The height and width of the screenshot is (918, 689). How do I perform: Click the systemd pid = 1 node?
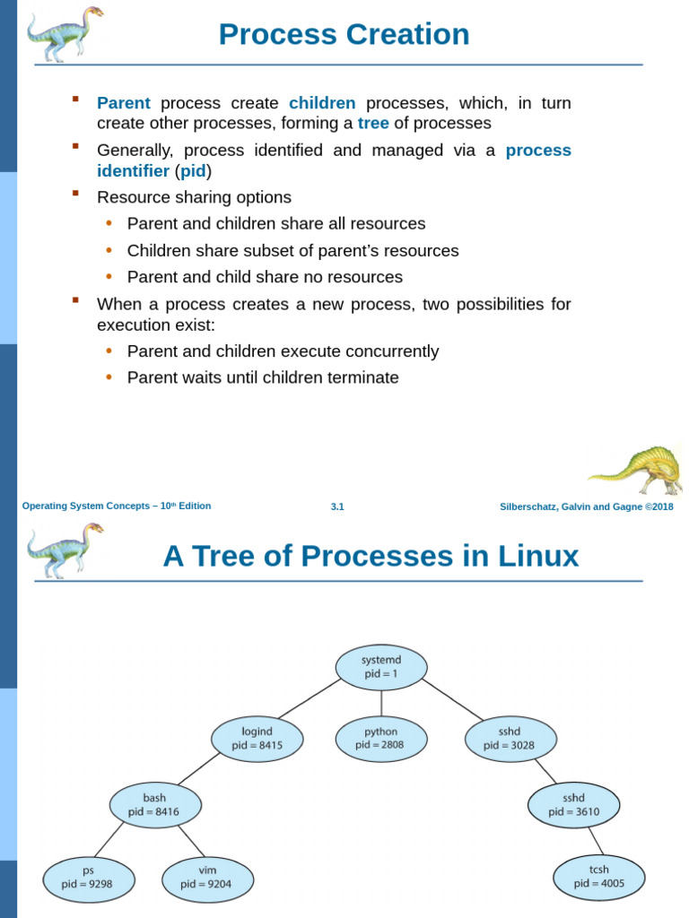pyautogui.click(x=381, y=667)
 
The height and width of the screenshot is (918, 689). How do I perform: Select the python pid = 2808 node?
pyautogui.click(x=381, y=738)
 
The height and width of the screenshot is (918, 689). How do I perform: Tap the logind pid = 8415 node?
pyautogui.click(x=257, y=738)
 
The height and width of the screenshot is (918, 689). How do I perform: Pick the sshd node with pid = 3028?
pyautogui.click(x=510, y=738)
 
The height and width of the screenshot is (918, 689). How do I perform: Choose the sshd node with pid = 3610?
pyautogui.click(x=573, y=805)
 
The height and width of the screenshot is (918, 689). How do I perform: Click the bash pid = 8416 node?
pyautogui.click(x=154, y=805)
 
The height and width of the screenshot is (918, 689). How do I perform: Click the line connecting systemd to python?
pyautogui.click(x=381, y=704)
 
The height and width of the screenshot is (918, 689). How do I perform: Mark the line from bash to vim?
pyautogui.click(x=191, y=841)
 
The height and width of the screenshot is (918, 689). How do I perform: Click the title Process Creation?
pyautogui.click(x=344, y=35)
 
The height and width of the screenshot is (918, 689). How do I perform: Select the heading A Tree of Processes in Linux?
pyautogui.click(x=371, y=557)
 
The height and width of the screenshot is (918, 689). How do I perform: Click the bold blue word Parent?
pyautogui.click(x=123, y=103)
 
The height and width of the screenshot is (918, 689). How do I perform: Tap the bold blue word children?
pyautogui.click(x=322, y=103)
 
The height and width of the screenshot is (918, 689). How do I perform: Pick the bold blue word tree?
pyautogui.click(x=373, y=124)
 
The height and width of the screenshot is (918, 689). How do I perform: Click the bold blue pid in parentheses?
pyautogui.click(x=193, y=171)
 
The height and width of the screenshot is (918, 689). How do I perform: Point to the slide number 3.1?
pyautogui.click(x=337, y=507)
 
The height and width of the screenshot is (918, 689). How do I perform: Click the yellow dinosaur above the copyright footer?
pyautogui.click(x=637, y=469)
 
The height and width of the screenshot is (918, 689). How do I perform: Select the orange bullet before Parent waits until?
pyautogui.click(x=109, y=377)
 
